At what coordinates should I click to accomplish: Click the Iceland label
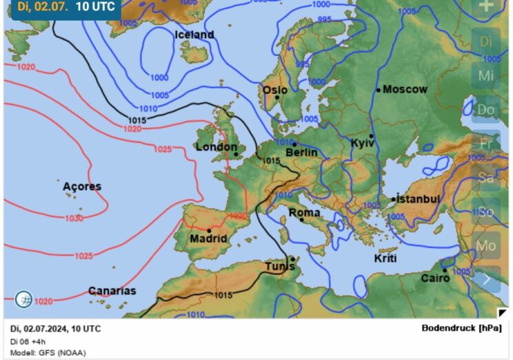pos(194,34)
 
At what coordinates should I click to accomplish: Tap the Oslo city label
pos(275,90)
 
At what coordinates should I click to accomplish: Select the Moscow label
pos(405,89)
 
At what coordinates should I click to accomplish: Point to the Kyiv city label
pos(363,143)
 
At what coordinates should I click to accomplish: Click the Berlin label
pos(301,152)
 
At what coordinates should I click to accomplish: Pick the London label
pos(217,147)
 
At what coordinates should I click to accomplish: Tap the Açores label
pos(82,186)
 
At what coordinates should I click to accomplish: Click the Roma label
pos(304,212)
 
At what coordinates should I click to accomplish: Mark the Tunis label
pos(280,266)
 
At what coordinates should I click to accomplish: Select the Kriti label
pos(385,258)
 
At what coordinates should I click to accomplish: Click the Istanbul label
pos(419,199)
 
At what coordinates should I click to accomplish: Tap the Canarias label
pos(112,290)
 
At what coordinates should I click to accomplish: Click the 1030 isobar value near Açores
pos(74,219)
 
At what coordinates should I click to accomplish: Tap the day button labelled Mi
pos(486,75)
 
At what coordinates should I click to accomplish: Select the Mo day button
pos(486,246)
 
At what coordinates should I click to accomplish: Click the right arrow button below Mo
pos(486,279)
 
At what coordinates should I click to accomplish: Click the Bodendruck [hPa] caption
pos(462,328)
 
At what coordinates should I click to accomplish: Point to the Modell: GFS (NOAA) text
pos(48,352)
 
